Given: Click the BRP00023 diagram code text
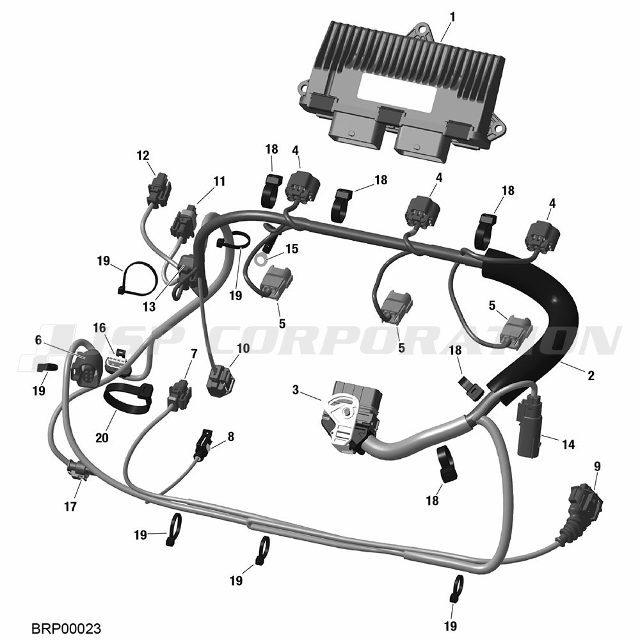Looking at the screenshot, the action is point(66,628).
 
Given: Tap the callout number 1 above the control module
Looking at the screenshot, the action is point(452,17).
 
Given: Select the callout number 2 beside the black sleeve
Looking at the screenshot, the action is point(591,376).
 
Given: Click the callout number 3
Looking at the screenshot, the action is point(296,390).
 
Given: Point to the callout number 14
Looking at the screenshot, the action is point(568,444).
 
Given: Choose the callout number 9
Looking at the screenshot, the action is point(597,467).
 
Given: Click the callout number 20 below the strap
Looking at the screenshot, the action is point(102,438).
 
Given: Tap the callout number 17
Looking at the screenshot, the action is point(70,506).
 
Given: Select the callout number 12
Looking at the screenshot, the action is point(143,156).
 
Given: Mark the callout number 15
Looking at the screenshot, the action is point(292,248).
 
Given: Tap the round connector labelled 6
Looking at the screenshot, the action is point(85,368).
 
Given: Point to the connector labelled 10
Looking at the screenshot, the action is point(221,382).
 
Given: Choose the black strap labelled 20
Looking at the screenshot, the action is point(127,398).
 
